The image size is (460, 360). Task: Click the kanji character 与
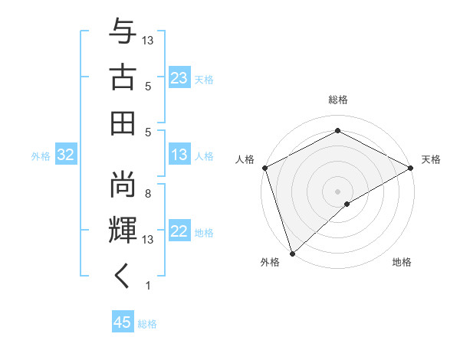[x=123, y=31]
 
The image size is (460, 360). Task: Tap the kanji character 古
[x=123, y=77]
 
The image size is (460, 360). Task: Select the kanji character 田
[x=123, y=123]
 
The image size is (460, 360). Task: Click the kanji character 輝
[x=123, y=230]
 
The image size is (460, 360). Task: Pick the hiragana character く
[x=123, y=277]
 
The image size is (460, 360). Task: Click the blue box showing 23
[x=179, y=78]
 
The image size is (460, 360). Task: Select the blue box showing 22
[x=179, y=232]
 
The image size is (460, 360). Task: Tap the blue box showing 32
[x=66, y=155]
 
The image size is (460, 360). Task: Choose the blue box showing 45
[x=123, y=322]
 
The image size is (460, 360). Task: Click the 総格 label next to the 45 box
[x=147, y=323]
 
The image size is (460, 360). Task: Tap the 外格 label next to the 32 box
[x=41, y=156]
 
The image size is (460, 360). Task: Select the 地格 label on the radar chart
[x=402, y=263]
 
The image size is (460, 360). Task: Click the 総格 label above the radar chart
[x=337, y=100]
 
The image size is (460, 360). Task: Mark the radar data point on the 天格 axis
[x=411, y=169]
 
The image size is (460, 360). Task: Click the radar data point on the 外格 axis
[x=292, y=253]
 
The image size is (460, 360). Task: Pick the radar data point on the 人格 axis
[x=264, y=169]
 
